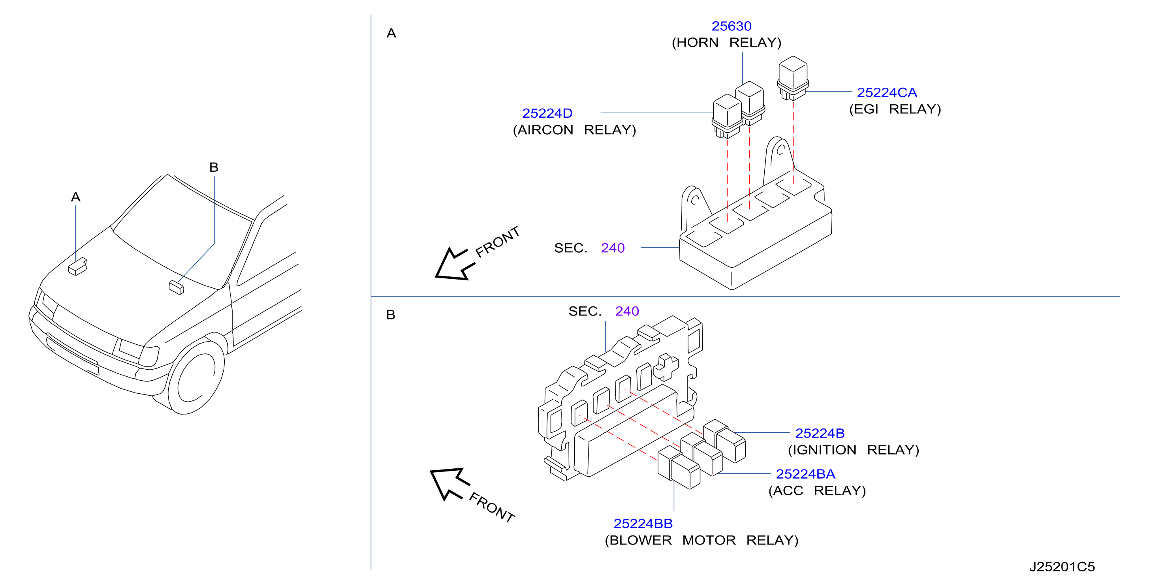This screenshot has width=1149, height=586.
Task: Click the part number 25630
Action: [731, 26]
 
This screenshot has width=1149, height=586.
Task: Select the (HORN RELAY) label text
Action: [727, 43]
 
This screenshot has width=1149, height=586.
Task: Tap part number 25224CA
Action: [887, 93]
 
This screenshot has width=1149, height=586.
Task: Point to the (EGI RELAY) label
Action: [895, 109]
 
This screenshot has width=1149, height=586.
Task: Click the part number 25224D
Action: [547, 113]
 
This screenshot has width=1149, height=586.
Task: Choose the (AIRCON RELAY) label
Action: [574, 130]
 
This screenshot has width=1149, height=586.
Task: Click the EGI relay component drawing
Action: [793, 78]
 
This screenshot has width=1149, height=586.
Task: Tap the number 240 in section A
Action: [613, 248]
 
